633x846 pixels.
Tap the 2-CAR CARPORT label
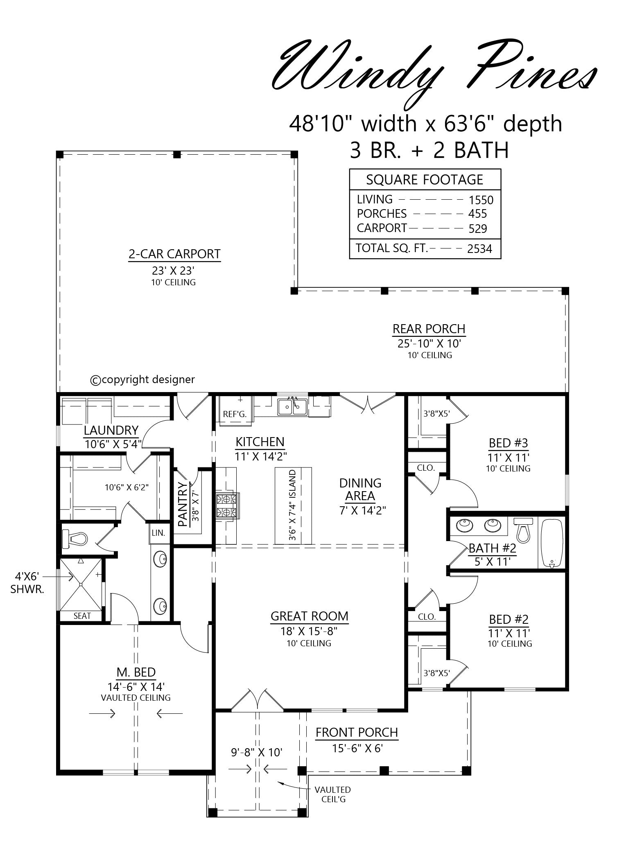tap(175, 254)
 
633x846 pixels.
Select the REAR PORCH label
tap(429, 329)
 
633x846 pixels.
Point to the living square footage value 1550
tap(481, 200)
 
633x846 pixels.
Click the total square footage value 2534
tap(479, 248)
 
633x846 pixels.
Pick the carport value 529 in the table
tap(478, 228)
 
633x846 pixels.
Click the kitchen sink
tap(292, 406)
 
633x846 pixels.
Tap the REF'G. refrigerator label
tap(235, 414)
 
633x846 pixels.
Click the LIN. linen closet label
tap(158, 533)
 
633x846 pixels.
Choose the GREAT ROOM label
tap(310, 616)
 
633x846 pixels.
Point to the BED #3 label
tap(508, 443)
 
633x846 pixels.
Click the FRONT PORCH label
tap(357, 732)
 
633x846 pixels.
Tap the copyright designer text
tap(142, 380)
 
